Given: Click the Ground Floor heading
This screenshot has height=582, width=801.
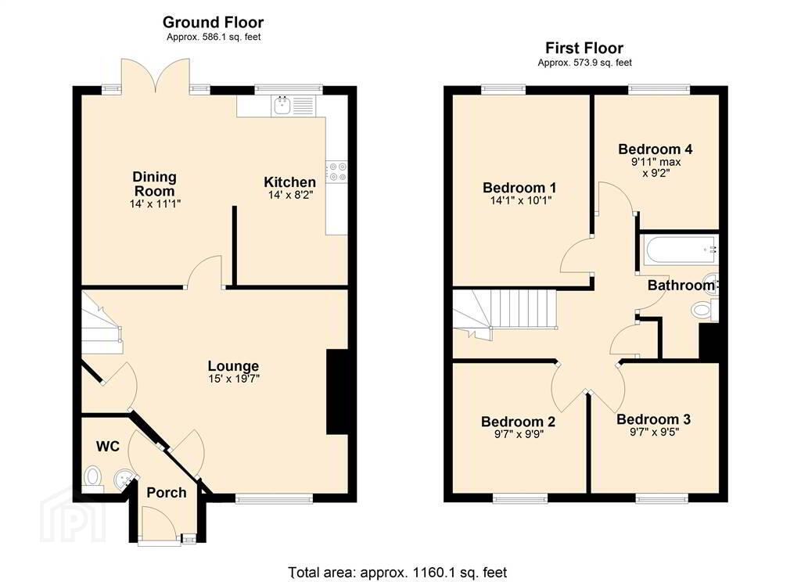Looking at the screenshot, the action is (213, 23).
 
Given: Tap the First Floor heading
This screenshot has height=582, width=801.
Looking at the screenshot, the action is (584, 48).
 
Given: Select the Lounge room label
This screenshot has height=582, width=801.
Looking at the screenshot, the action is (233, 366).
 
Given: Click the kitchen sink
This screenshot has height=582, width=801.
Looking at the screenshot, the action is (282, 106).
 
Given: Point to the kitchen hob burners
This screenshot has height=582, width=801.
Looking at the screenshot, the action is (336, 171).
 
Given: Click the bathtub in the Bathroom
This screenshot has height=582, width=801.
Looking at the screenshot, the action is (680, 250).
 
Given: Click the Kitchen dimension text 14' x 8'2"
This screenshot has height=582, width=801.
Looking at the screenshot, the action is (289, 195).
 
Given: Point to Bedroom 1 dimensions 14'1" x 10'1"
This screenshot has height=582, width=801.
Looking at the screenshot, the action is (520, 201).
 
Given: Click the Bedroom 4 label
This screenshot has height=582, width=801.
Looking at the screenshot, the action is (656, 149).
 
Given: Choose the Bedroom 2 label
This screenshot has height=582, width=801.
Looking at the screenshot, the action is (518, 422).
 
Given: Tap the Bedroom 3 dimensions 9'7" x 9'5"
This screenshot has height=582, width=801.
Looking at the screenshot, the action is (653, 433).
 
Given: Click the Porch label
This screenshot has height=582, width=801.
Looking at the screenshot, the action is (167, 493).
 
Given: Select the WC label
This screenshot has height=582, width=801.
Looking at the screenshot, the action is (108, 447).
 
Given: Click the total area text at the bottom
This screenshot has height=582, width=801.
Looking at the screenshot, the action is (398, 573).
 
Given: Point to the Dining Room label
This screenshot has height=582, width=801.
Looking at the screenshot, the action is (154, 184).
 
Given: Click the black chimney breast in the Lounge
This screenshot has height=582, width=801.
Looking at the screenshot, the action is (337, 392).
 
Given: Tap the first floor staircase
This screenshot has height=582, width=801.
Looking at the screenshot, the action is (505, 312).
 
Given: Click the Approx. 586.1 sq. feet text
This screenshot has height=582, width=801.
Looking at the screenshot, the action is (214, 37).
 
